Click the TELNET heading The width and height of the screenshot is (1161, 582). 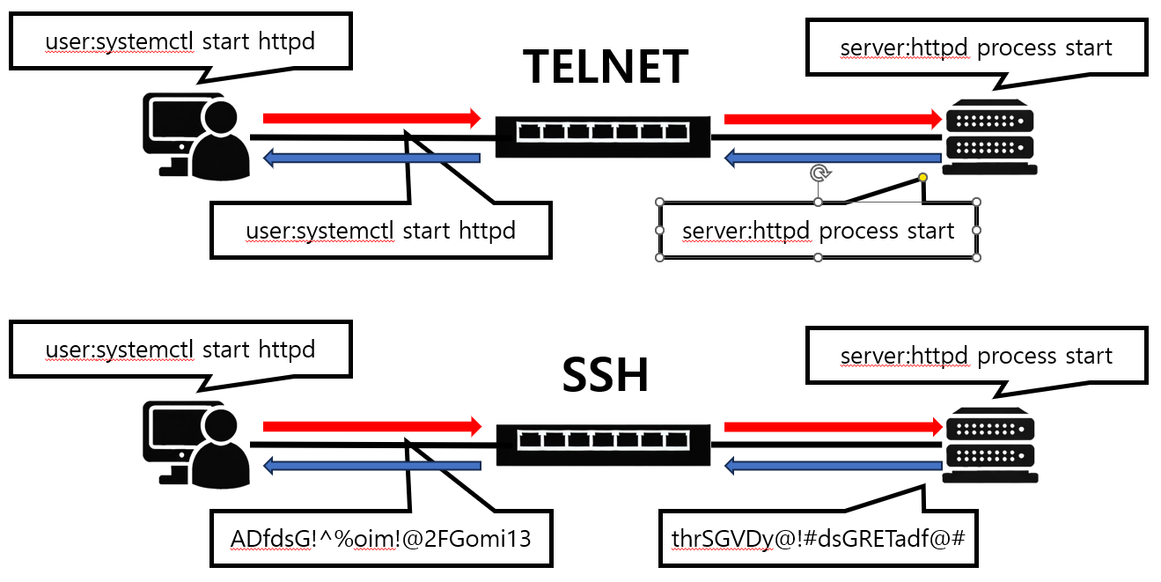pyautogui.click(x=605, y=67)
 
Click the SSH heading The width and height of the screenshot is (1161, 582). pyautogui.click(x=605, y=375)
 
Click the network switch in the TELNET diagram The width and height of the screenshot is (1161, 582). pyautogui.click(x=603, y=136)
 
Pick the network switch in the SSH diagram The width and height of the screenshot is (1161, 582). pyautogui.click(x=603, y=443)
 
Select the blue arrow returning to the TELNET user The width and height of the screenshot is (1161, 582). pyautogui.click(x=371, y=158)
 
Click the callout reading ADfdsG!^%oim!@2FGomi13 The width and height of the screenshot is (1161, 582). pyautogui.click(x=381, y=538)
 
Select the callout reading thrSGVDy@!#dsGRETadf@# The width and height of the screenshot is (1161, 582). pyautogui.click(x=818, y=536)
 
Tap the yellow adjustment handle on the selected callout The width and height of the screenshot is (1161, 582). pyautogui.click(x=922, y=178)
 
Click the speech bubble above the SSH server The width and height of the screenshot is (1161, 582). pyautogui.click(x=976, y=357)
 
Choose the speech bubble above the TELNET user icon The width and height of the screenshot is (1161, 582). pyautogui.click(x=180, y=41)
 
